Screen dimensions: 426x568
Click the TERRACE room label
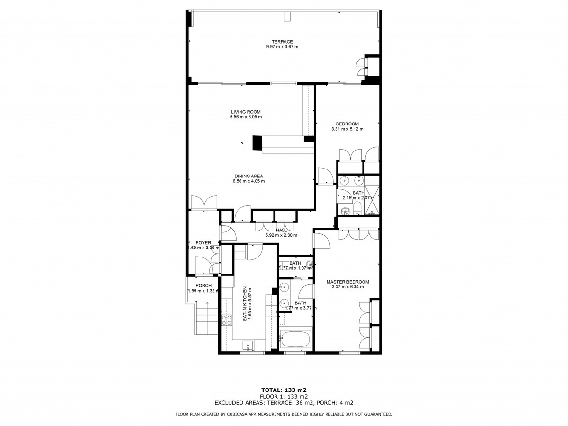point(282,41)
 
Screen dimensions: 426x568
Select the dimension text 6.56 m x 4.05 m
point(248,181)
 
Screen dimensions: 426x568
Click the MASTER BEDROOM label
point(347,282)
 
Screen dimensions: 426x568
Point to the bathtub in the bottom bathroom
point(295,340)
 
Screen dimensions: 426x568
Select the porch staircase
point(206,318)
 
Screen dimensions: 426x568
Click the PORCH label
point(204,285)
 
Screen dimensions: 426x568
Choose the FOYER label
point(204,243)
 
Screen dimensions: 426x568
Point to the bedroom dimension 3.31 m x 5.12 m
point(347,129)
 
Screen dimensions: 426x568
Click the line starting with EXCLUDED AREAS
point(284,403)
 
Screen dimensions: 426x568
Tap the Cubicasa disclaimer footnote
point(284,414)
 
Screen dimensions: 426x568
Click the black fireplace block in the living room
point(257,143)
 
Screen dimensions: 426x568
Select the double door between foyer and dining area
point(204,203)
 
